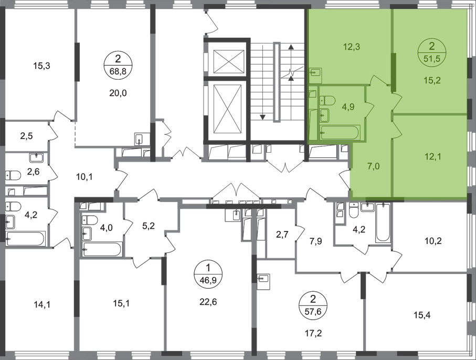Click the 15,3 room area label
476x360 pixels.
click(x=41, y=66)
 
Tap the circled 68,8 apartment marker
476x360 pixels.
click(x=118, y=65)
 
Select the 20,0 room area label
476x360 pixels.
click(x=118, y=93)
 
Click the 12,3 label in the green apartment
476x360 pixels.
click(x=352, y=47)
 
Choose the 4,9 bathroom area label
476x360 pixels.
click(x=348, y=107)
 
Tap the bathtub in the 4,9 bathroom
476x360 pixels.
click(x=340, y=133)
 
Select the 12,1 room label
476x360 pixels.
click(x=433, y=157)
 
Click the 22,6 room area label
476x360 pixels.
click(x=208, y=302)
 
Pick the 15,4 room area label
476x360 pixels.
click(x=422, y=315)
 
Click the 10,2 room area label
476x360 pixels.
click(x=433, y=241)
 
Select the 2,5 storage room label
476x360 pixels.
click(x=26, y=136)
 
